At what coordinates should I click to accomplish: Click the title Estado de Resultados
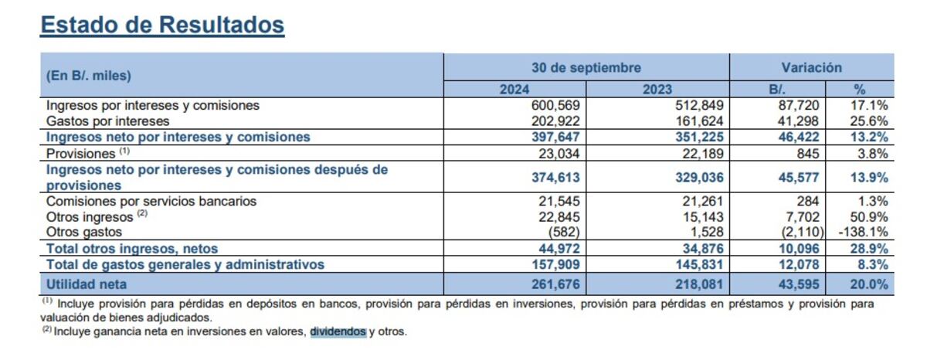click(162, 25)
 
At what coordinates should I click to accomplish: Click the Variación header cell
click(811, 68)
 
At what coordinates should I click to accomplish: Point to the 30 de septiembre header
click(586, 68)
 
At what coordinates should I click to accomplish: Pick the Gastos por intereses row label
click(108, 121)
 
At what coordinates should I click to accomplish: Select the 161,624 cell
click(698, 121)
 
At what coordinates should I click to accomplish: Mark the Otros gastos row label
click(84, 232)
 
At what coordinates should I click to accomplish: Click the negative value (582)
click(563, 232)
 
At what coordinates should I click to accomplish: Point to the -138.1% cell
click(863, 232)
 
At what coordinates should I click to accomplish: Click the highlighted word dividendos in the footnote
click(338, 332)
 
